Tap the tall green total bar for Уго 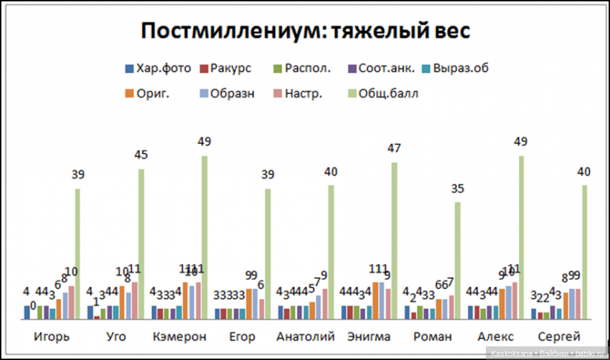[141, 244]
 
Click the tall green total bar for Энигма [394, 240]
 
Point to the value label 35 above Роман [458, 189]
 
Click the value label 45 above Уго [141, 156]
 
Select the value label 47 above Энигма [394, 149]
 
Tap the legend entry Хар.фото [157, 69]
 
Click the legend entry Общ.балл [381, 93]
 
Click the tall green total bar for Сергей [584, 252]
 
